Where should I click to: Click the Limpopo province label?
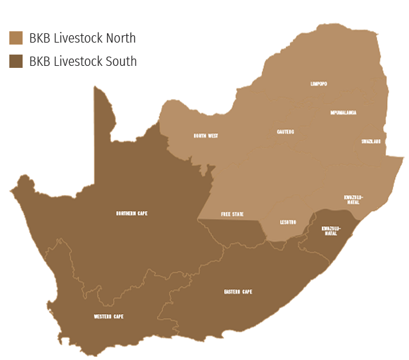pos(319,84)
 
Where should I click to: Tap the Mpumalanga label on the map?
pos(343,112)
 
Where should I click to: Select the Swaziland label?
pos(370,141)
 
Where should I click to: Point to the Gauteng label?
pos(285,132)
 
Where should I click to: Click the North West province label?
pos(205,136)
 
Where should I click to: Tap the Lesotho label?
pos(288,222)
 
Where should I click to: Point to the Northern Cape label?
pos(131,213)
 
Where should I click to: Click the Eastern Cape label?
pos(237,291)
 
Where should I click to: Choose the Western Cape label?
pos(108,316)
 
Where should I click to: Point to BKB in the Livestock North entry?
pos(39,38)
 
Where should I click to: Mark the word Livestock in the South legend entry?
pos(78,62)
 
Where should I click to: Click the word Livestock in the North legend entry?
pos(78,38)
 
